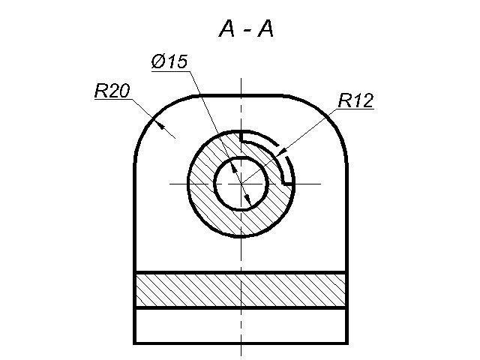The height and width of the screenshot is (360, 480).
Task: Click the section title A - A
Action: [246, 29]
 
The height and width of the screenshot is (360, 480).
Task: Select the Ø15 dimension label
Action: [169, 61]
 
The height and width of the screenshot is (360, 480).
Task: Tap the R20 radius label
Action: [112, 91]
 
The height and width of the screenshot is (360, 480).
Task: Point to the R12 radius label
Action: [355, 100]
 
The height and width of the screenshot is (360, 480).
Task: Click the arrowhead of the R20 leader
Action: [160, 124]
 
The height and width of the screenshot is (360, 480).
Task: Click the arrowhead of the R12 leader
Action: [282, 152]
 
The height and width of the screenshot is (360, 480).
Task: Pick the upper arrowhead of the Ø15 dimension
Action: [234, 167]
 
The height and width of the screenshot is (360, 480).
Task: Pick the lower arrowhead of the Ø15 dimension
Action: [248, 200]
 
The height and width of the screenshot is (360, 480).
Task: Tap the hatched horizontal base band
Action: [241, 289]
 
